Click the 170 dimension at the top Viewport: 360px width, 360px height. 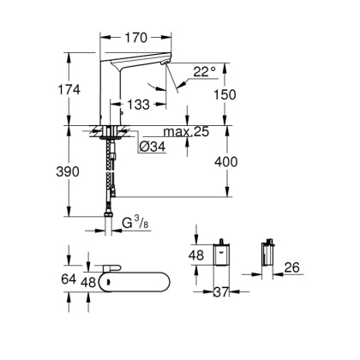tap(135, 37)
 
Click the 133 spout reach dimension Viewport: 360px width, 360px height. tap(135, 104)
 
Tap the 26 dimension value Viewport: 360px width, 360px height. tap(291, 268)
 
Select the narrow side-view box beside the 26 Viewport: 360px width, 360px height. tap(265, 254)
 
